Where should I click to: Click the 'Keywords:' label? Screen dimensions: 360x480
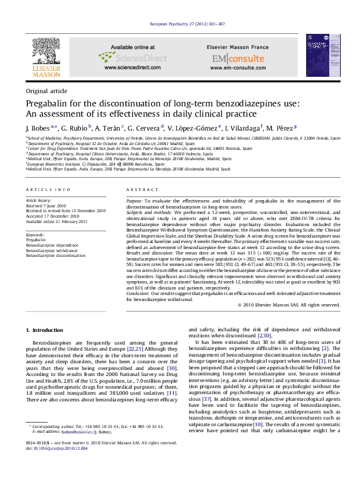[35, 234]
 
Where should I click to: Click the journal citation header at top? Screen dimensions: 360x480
[180, 23]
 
